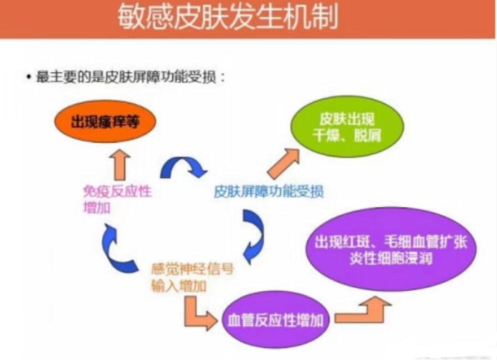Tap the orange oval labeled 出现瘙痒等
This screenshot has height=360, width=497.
coord(105,121)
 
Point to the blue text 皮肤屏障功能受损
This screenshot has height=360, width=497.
coord(268,191)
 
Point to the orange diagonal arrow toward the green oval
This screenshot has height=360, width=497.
coord(284,163)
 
